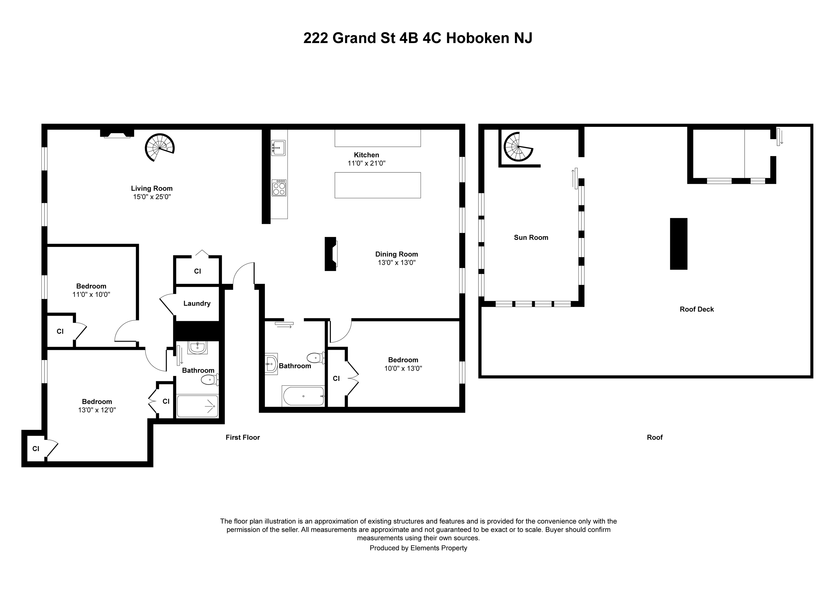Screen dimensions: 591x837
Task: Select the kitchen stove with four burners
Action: coord(279,188)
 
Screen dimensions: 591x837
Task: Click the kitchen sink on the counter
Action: coord(278,148)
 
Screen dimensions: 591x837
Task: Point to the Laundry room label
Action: coord(197,303)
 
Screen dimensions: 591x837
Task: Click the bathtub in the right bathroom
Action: coord(303,396)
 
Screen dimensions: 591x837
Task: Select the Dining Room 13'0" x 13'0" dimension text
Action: coord(397,263)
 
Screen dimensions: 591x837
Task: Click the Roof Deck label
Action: coord(697,309)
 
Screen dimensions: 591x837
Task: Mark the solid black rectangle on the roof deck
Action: coord(678,244)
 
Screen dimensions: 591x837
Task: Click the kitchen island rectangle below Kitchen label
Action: coord(378,185)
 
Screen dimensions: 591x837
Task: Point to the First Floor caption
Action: coord(242,437)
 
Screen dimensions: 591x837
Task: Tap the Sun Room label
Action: coord(531,237)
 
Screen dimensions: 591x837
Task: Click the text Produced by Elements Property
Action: coord(418,548)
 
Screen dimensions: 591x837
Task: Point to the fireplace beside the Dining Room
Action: coord(331,254)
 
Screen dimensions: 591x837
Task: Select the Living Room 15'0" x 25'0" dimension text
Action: coord(152,197)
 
